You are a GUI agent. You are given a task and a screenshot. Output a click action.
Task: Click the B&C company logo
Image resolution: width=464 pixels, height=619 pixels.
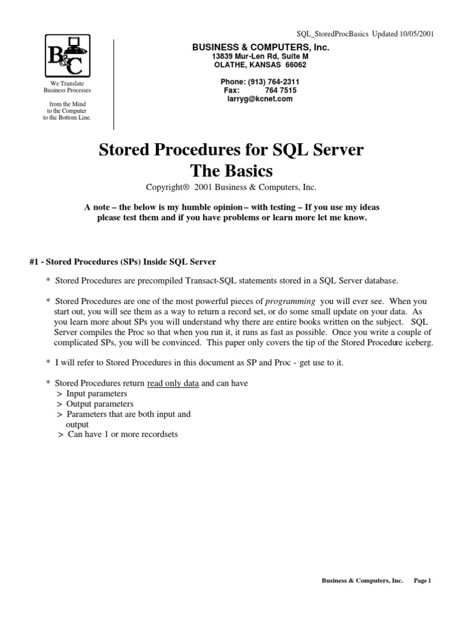pyautogui.click(x=66, y=56)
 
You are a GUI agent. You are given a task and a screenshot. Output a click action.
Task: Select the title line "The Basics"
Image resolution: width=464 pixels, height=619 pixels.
pyautogui.click(x=231, y=170)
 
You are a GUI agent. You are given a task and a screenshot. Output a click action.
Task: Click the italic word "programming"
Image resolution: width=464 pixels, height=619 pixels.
pyautogui.click(x=291, y=301)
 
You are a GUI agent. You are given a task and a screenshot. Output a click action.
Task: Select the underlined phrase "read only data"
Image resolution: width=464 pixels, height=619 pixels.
pyautogui.click(x=173, y=383)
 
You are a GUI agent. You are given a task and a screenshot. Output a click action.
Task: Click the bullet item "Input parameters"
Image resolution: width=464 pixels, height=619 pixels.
pyautogui.click(x=97, y=394)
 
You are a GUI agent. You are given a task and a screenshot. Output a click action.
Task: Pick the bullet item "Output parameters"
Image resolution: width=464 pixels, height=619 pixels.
pyautogui.click(x=100, y=404)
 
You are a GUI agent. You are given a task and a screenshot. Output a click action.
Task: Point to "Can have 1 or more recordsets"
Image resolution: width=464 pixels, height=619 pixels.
pyautogui.click(x=122, y=434)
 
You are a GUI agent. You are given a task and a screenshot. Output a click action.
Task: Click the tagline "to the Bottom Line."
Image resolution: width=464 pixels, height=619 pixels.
pyautogui.click(x=66, y=118)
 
